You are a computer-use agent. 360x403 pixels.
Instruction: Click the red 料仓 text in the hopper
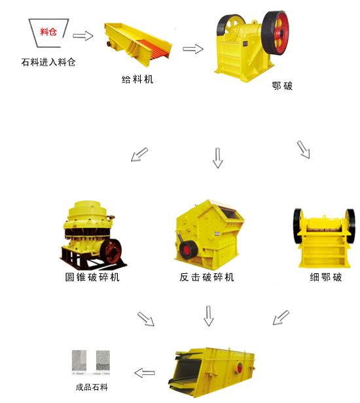point(48,31)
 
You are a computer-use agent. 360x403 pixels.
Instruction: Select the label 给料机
point(138,79)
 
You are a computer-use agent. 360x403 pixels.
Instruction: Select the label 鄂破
point(281,86)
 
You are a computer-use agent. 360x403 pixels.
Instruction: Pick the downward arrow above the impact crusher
point(217,157)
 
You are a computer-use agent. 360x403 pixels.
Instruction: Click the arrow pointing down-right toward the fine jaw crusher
point(304,149)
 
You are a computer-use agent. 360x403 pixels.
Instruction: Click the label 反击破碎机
point(207,277)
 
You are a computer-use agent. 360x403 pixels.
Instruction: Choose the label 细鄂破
point(325,277)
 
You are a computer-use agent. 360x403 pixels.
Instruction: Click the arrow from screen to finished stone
point(145,373)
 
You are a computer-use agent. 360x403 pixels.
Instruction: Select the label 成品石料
point(92,387)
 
